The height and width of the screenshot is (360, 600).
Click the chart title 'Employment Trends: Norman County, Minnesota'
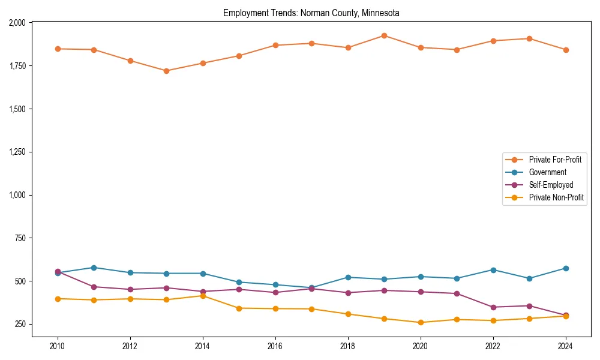tap(311, 13)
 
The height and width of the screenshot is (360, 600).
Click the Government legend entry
tap(547, 172)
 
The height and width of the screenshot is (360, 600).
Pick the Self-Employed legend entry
tap(551, 185)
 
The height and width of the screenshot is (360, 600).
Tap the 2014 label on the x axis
tap(203, 346)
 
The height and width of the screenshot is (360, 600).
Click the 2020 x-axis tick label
tap(421, 346)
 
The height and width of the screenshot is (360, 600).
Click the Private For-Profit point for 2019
tap(384, 35)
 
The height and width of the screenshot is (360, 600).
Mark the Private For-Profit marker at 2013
tap(166, 71)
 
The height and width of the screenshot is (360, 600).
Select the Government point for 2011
tap(94, 268)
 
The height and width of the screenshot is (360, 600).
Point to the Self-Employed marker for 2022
tap(493, 307)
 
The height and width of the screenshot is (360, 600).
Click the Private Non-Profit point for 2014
tap(203, 296)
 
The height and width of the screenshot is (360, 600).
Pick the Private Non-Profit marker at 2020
tap(421, 323)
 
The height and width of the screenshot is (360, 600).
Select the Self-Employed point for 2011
tap(94, 287)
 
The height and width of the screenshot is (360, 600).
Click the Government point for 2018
tap(348, 277)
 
